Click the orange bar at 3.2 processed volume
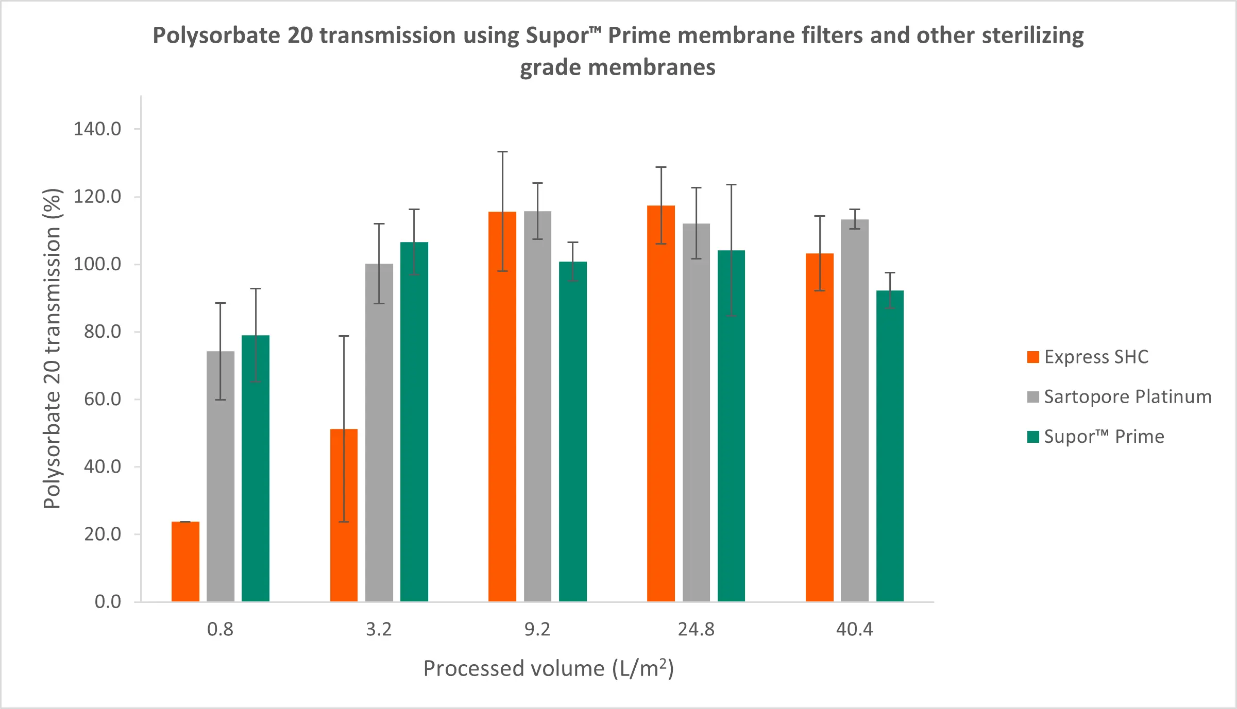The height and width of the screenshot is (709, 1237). click(x=344, y=515)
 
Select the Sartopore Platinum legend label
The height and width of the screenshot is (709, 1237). click(x=1127, y=397)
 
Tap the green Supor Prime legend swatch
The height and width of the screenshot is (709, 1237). click(x=1032, y=437)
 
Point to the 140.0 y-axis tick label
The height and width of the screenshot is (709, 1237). click(x=97, y=129)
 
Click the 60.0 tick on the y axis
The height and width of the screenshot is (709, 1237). click(x=103, y=399)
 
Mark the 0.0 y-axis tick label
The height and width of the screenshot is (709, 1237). click(x=108, y=601)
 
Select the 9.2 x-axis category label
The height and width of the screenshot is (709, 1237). click(x=537, y=629)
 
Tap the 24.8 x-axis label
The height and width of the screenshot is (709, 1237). click(x=696, y=629)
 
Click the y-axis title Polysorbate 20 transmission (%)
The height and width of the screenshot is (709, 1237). click(x=52, y=349)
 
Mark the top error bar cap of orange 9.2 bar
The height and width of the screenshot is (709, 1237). click(x=502, y=152)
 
